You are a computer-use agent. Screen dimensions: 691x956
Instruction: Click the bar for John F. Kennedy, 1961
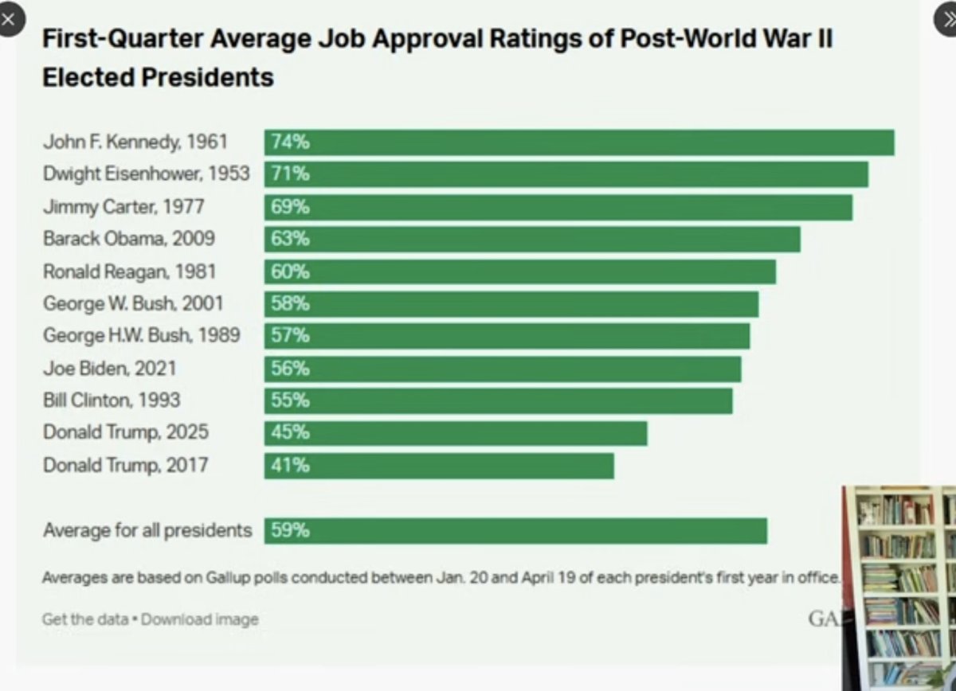(x=579, y=142)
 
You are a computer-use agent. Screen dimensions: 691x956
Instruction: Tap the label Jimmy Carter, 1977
(x=123, y=207)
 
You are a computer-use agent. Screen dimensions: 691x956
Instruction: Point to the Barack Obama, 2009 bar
(x=532, y=239)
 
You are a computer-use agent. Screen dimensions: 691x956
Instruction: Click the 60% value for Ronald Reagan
(x=290, y=271)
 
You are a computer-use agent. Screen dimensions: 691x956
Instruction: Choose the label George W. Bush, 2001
(x=133, y=303)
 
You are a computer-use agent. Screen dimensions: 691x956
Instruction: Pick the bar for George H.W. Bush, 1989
(x=507, y=336)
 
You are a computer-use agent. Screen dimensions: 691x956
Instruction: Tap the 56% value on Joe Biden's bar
(x=290, y=369)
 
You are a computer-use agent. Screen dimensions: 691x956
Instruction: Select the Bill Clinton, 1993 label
(x=112, y=400)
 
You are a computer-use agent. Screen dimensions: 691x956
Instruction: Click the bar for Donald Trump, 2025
(x=456, y=433)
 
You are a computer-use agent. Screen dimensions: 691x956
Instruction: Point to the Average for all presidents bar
(x=515, y=531)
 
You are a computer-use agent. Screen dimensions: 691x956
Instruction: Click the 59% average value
(x=290, y=531)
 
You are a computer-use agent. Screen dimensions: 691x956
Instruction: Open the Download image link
(x=200, y=619)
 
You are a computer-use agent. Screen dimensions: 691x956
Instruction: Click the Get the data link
(x=84, y=619)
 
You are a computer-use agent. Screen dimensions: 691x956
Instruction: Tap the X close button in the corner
(x=9, y=20)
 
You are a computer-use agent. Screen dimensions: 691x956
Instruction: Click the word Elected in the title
(x=90, y=77)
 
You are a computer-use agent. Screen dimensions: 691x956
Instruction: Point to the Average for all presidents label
(x=147, y=531)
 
